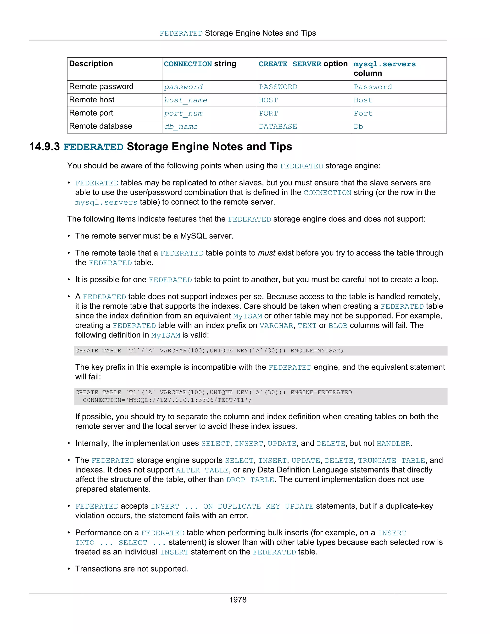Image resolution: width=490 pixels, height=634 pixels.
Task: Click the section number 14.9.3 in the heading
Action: (45, 147)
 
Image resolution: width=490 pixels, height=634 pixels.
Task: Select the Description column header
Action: (91, 64)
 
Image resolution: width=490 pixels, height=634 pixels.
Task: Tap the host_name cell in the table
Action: (185, 100)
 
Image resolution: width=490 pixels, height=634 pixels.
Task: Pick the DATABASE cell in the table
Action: (278, 127)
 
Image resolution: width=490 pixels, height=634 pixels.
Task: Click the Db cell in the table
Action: (358, 127)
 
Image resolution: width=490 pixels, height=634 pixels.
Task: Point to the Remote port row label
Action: (91, 113)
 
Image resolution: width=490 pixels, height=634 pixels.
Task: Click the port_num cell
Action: (183, 113)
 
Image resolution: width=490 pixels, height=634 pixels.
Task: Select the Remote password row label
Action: (101, 87)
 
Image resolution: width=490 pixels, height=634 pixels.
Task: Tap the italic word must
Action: (266, 253)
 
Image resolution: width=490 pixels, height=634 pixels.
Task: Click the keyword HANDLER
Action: (393, 444)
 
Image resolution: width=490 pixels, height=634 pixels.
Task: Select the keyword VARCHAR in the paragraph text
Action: (276, 326)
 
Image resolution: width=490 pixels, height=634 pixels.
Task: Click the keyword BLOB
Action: (338, 326)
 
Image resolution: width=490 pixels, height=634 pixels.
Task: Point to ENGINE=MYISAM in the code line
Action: (317, 351)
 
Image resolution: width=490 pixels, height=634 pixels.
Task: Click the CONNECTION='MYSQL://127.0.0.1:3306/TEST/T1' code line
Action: (167, 400)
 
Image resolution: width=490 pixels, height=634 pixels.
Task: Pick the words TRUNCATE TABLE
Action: (391, 461)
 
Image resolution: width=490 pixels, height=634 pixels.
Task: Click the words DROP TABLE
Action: (250, 480)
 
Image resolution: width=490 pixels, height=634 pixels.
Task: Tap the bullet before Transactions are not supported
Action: (69, 569)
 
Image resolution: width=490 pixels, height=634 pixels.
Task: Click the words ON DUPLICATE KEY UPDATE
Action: (258, 506)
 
